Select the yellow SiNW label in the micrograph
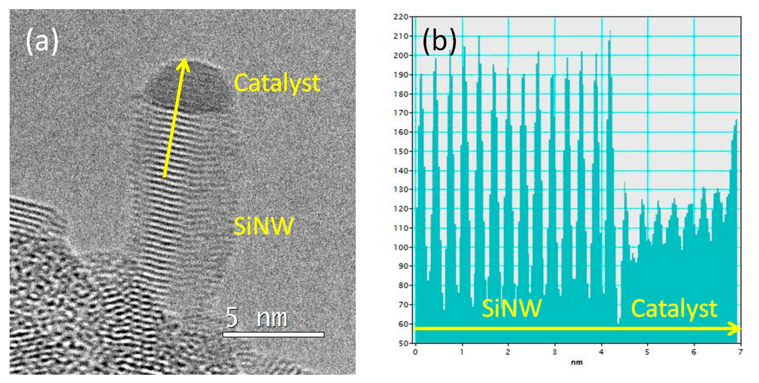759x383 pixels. (x=264, y=226)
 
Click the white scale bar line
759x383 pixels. (x=273, y=334)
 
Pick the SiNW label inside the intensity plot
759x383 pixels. (x=512, y=308)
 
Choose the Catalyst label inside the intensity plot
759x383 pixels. (x=674, y=308)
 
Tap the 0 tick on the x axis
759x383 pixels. (x=415, y=352)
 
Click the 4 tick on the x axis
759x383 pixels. (x=601, y=352)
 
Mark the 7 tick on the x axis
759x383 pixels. (x=740, y=352)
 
